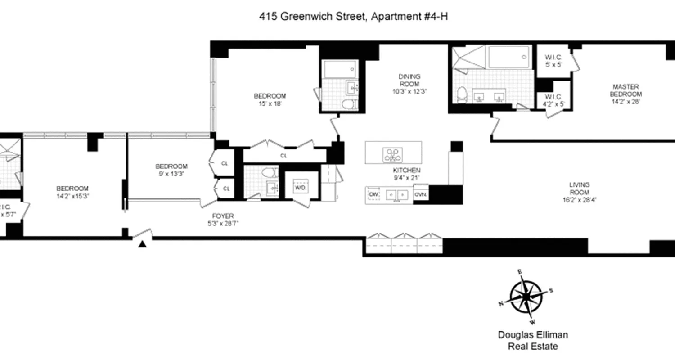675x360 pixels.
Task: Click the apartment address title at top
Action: click(353, 17)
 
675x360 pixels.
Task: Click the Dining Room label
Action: click(409, 84)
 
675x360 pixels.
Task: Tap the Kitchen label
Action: click(406, 174)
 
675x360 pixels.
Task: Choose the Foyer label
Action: click(223, 220)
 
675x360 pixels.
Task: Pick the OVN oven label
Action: click(420, 194)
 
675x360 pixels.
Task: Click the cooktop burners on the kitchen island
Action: click(393, 154)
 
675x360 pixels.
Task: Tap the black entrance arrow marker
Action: click(143, 244)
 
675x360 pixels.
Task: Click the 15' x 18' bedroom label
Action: click(270, 99)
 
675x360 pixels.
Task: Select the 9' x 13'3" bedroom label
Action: click(171, 170)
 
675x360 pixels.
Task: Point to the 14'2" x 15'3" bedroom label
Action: click(72, 192)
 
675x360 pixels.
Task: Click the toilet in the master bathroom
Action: click(462, 94)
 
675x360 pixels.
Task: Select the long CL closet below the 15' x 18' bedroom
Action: click(283, 156)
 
